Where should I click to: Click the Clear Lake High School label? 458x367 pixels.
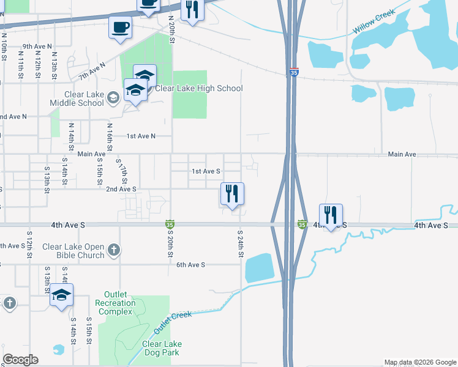(198, 89)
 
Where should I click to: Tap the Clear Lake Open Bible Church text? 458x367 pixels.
(73, 251)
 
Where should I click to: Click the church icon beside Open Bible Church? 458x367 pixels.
(113, 250)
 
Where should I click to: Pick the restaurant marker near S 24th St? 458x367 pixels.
(232, 194)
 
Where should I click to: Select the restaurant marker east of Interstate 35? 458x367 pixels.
(331, 215)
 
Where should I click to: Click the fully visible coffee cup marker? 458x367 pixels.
(120, 27)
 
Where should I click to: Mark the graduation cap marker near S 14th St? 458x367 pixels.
(61, 295)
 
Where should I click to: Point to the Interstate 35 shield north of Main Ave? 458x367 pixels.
(295, 72)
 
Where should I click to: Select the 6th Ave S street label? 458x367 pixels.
(190, 265)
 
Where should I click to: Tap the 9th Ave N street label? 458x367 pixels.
(37, 46)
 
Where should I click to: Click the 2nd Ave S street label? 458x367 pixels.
(121, 190)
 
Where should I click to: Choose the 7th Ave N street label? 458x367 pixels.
(92, 71)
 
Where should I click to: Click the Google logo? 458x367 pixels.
(20, 360)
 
